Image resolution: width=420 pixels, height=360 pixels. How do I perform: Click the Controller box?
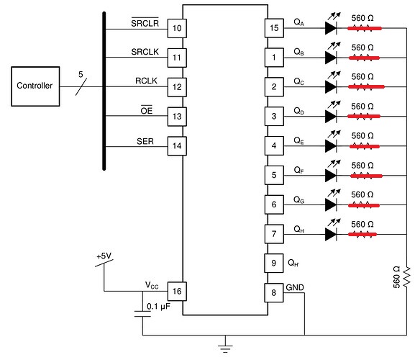click(35, 86)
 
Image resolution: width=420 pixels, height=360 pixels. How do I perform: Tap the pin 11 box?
click(175, 57)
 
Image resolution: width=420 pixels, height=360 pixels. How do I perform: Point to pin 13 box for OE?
click(175, 116)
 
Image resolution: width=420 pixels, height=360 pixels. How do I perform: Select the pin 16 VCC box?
click(175, 291)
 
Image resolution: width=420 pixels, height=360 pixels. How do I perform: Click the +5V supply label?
click(104, 256)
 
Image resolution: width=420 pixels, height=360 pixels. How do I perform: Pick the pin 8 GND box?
click(274, 292)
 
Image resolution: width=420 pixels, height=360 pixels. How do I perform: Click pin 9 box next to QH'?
click(274, 263)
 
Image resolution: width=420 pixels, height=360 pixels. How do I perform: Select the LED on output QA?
click(332, 28)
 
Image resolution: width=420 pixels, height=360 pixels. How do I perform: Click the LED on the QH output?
click(332, 234)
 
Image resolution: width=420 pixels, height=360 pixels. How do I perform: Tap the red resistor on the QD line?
click(363, 117)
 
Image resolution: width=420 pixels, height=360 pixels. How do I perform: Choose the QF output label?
click(298, 170)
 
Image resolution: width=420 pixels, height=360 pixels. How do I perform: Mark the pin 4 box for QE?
click(274, 145)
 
